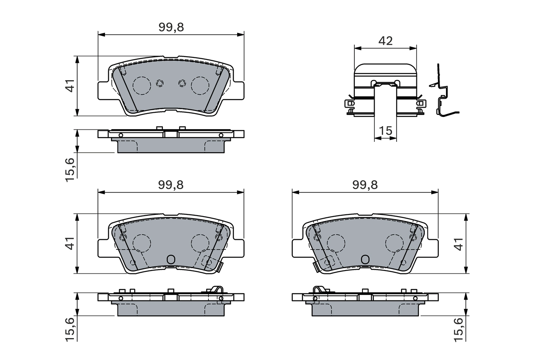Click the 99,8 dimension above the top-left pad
click(x=171, y=27)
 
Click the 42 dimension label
click(x=386, y=41)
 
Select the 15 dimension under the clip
click(x=386, y=131)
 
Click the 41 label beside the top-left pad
click(x=71, y=86)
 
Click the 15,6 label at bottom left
click(x=71, y=328)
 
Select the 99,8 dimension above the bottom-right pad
click(x=365, y=185)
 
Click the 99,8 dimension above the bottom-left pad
click(x=171, y=185)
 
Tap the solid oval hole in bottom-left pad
click(x=171, y=260)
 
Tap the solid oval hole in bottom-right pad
click(x=365, y=260)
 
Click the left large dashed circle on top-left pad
click(x=141, y=86)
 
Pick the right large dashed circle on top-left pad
click(x=200, y=86)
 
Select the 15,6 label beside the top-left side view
click(x=71, y=169)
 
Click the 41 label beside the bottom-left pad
click(x=71, y=244)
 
